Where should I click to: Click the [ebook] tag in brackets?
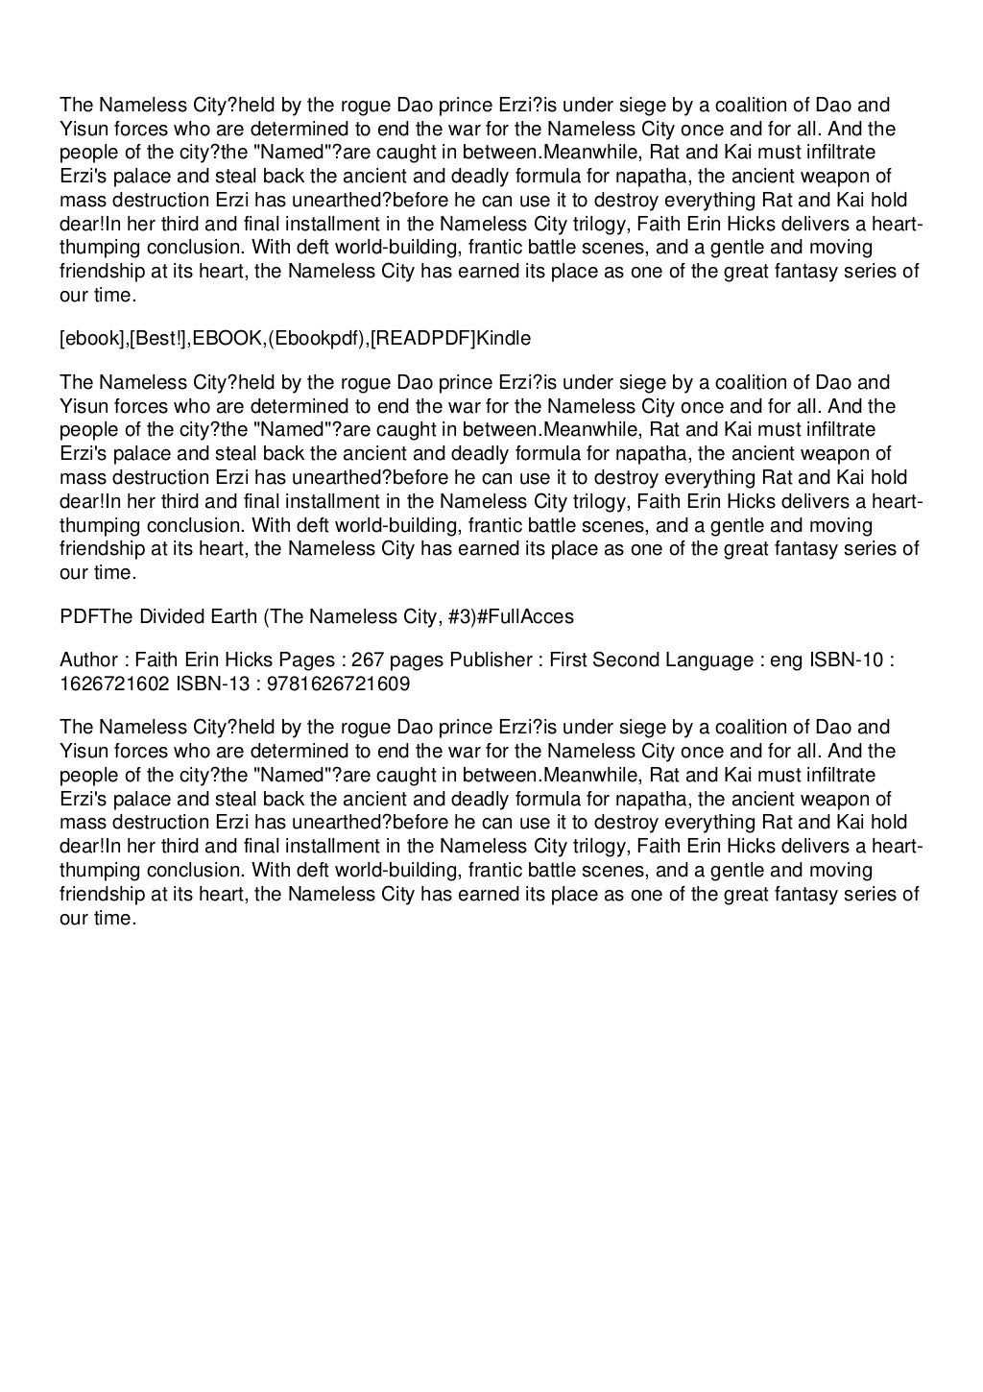[x=93, y=338]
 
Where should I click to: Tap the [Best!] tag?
[x=159, y=338]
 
